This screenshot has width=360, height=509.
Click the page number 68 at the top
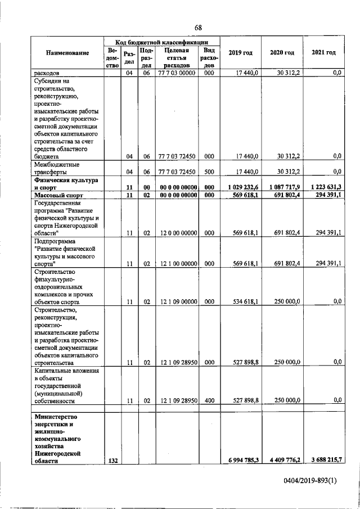[197, 28]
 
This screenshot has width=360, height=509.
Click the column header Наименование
[69, 53]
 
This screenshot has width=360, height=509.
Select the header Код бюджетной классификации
[162, 42]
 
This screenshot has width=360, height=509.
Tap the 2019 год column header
[240, 53]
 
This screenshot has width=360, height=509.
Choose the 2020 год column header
[282, 53]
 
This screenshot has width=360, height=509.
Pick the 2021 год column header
[323, 53]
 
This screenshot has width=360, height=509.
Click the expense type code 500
[208, 172]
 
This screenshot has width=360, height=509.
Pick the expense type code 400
[208, 400]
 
